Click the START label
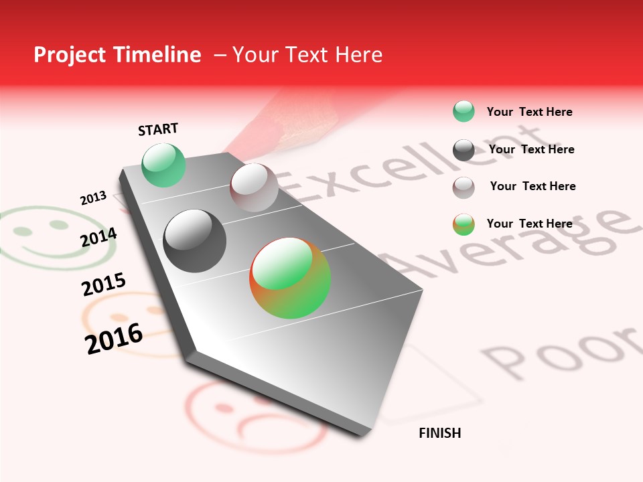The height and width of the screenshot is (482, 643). click(158, 129)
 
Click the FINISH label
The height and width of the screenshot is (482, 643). click(439, 433)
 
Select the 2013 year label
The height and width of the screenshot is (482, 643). click(93, 198)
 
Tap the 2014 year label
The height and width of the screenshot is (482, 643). click(99, 238)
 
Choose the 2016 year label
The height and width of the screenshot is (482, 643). click(114, 338)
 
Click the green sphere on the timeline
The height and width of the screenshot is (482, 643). click(164, 165)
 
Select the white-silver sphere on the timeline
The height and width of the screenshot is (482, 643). click(254, 187)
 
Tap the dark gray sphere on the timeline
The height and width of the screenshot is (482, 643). click(195, 241)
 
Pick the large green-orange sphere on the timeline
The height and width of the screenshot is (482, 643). click(290, 278)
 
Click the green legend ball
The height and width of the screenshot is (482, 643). click(463, 112)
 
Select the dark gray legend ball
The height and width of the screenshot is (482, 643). click(463, 150)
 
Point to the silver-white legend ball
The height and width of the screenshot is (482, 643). click(463, 187)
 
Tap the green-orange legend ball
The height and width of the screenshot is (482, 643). click(463, 224)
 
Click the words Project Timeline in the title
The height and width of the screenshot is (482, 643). click(117, 55)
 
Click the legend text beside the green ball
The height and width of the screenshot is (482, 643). click(529, 112)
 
